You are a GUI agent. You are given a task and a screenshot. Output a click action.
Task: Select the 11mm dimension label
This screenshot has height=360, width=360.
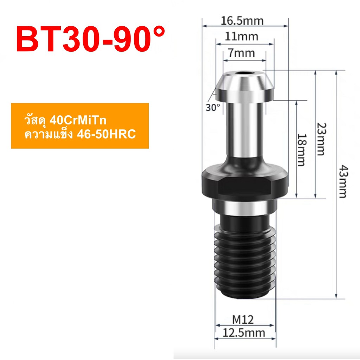[x=242, y=36]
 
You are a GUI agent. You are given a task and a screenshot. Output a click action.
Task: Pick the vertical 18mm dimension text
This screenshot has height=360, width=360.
[x=302, y=149]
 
